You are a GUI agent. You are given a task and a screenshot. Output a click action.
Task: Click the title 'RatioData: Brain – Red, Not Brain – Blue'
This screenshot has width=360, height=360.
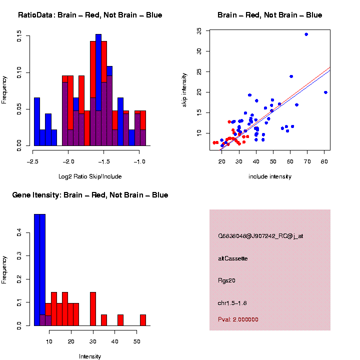point(90,15)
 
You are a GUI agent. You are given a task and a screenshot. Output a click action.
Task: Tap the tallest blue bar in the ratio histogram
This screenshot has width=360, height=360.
point(98,90)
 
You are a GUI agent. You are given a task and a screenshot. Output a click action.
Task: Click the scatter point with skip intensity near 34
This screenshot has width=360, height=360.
point(306,34)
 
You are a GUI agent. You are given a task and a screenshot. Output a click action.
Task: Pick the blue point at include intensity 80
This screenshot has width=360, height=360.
point(325,92)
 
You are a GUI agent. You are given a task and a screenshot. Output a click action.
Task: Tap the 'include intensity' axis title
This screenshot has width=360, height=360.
point(270,176)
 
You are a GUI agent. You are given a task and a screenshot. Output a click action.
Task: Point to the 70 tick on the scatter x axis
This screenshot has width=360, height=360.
point(306,161)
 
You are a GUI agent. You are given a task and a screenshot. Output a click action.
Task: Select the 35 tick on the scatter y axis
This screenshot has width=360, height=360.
point(199,30)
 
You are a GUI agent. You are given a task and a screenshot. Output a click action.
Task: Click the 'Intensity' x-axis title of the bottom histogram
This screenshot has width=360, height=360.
point(90,356)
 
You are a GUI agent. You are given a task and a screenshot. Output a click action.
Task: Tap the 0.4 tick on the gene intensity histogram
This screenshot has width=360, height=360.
point(19,232)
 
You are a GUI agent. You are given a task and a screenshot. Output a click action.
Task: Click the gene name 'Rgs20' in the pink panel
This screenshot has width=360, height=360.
point(226,280)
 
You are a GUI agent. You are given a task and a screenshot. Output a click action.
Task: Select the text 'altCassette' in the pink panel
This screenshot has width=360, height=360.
point(232,258)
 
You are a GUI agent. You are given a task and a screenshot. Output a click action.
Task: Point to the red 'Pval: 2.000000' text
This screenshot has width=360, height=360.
point(238,319)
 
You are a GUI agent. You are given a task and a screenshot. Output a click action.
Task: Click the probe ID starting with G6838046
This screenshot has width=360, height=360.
point(260,236)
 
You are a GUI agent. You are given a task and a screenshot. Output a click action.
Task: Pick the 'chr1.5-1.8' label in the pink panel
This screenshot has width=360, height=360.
point(232,302)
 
